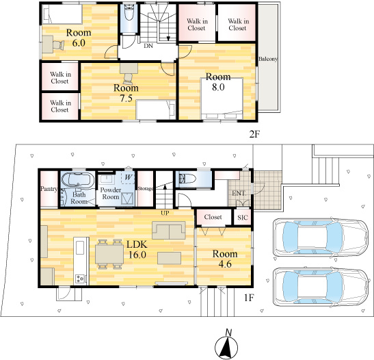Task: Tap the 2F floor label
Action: [254, 133]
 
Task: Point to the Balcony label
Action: [268, 60]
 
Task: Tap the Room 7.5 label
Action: [126, 92]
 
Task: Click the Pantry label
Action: [49, 188]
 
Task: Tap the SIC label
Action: [243, 218]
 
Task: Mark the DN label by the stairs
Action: [148, 46]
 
